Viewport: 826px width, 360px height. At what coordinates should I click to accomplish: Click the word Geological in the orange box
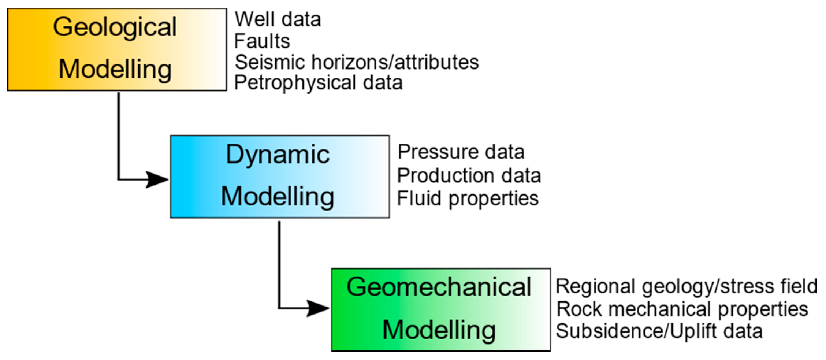point(115,27)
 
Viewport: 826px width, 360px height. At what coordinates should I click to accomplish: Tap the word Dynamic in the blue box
point(278,155)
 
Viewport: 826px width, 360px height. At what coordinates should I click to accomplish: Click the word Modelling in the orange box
point(115,69)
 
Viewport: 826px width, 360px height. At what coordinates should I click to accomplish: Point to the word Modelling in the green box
point(439,330)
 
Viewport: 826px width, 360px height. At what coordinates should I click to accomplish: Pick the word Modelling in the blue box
point(278,197)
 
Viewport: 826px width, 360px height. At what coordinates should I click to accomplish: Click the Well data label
point(278,19)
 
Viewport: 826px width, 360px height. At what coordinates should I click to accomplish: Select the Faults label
point(262,41)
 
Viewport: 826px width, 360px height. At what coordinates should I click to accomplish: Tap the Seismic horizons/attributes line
point(357,62)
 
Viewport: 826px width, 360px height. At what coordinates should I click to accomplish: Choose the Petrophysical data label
point(318,83)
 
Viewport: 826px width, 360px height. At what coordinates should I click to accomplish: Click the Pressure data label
point(461,152)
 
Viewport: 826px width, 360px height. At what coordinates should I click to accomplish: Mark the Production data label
point(469,175)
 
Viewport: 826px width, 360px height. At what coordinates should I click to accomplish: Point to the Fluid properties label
point(468,199)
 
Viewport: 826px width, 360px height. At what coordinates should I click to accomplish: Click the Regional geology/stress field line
point(687,286)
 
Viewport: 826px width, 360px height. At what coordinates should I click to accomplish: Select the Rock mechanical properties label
point(682,309)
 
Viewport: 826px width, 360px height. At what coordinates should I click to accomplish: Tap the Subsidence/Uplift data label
point(659,331)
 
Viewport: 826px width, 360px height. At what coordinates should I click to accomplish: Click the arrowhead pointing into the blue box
point(157,179)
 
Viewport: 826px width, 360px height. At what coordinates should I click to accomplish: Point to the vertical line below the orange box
point(119,136)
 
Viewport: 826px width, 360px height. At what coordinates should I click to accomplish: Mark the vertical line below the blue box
point(279,264)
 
